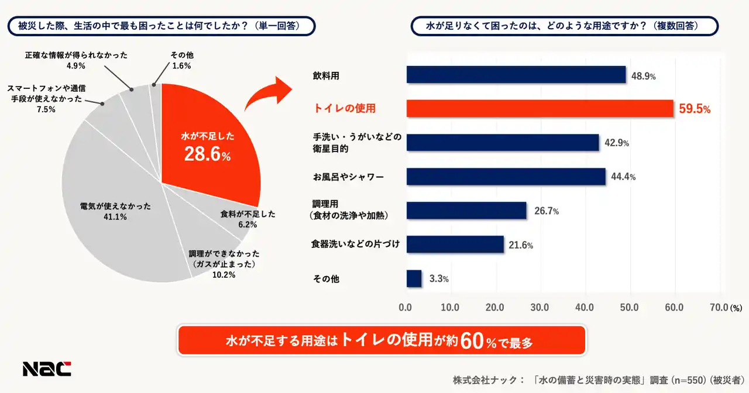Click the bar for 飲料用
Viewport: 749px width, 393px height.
tap(516, 75)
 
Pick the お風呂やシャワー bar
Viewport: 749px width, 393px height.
tap(506, 177)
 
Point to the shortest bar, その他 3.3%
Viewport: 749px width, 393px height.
tap(414, 278)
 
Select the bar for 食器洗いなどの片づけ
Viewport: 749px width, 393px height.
tap(455, 244)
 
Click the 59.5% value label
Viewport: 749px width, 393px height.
tap(695, 109)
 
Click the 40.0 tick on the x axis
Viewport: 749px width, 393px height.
tap(585, 307)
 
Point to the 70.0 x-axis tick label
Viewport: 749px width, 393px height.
tap(719, 307)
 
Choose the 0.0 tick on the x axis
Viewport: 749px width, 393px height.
tap(406, 307)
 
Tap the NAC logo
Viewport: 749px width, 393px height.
tap(47, 368)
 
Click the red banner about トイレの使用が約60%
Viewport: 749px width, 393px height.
tap(381, 340)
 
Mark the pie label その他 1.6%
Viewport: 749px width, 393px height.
tap(182, 60)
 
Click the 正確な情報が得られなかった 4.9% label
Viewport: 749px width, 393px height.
tap(76, 60)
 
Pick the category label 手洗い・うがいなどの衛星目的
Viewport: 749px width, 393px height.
tap(356, 143)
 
